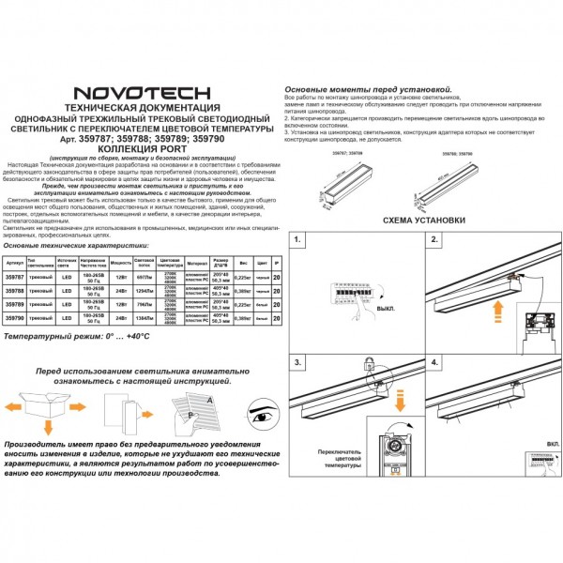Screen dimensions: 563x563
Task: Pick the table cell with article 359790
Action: pyautogui.click(x=14, y=320)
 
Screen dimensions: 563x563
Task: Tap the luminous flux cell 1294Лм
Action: pyautogui.click(x=145, y=291)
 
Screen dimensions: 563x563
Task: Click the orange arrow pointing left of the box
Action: pyautogui.click(x=14, y=409)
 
